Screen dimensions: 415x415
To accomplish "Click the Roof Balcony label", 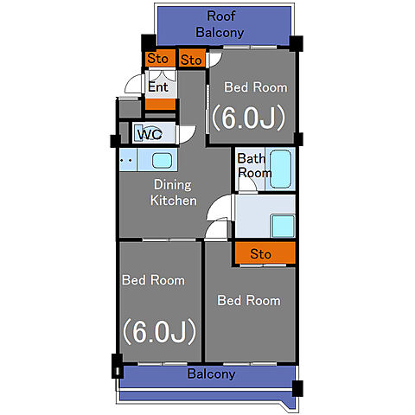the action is [220, 24].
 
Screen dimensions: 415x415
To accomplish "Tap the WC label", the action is [150, 134].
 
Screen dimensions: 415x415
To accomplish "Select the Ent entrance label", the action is [158, 87].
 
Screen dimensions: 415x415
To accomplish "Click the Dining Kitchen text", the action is [174, 193].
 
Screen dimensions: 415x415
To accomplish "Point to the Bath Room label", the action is [254, 166].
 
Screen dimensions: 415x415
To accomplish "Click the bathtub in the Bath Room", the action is [280, 169].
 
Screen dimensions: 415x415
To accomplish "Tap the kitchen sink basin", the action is [163, 160].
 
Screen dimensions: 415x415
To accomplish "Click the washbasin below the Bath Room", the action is [284, 226].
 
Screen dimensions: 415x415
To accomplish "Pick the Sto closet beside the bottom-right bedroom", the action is [265, 252].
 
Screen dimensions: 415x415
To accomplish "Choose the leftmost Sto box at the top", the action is [159, 59].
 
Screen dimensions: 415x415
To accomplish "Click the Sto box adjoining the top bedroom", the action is [192, 59].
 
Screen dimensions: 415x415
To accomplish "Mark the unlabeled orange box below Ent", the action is [160, 104].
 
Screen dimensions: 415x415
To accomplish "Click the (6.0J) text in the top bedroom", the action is [249, 118].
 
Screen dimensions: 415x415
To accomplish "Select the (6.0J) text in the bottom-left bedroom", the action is [160, 331].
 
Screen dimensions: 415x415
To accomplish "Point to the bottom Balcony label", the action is [211, 374].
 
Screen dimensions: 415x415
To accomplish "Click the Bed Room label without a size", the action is [249, 301].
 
